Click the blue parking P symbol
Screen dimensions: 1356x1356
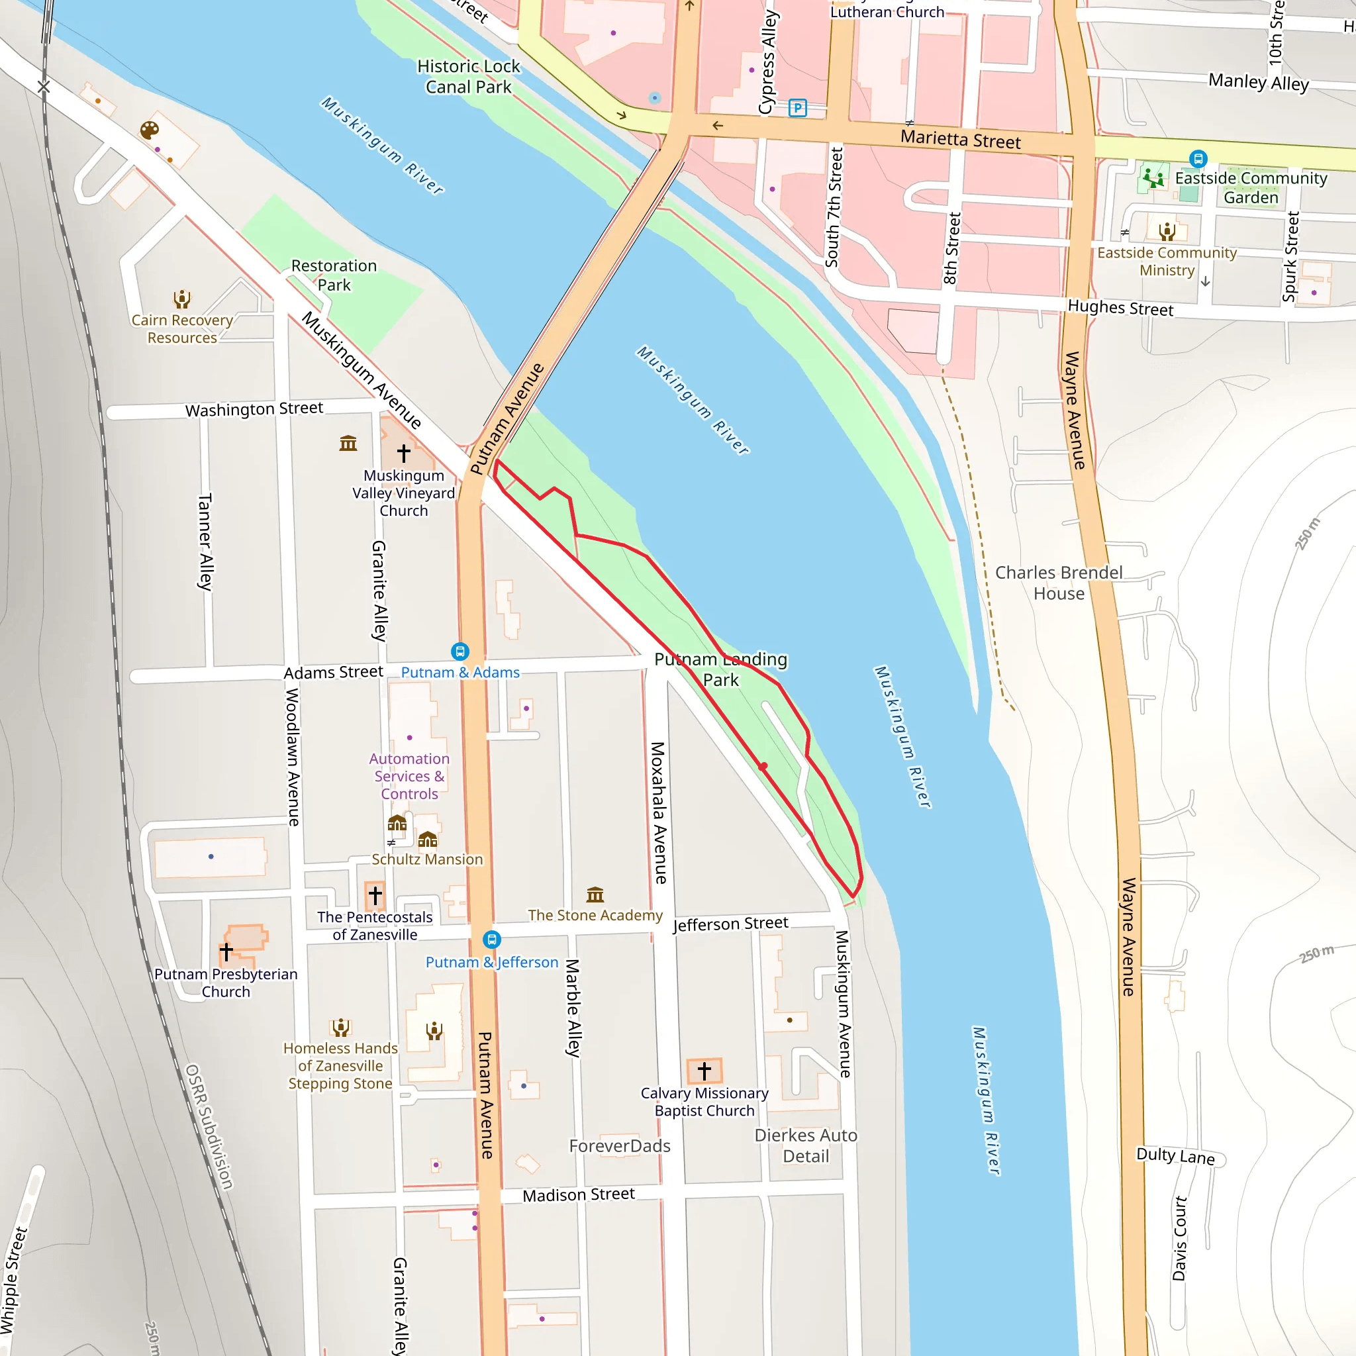[x=797, y=108]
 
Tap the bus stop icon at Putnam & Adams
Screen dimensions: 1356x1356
[x=460, y=652]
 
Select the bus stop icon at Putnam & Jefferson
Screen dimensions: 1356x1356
[x=492, y=939]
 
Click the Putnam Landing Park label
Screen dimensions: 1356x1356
[x=721, y=669]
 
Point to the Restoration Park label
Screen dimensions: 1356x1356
[x=334, y=275]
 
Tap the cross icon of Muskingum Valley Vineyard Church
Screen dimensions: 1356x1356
[x=404, y=454]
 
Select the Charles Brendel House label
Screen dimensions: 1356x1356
[x=1059, y=583]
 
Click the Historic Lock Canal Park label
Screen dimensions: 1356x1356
[x=468, y=77]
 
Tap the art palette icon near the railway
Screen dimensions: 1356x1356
[x=150, y=130]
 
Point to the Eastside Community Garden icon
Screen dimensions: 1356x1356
[x=1153, y=177]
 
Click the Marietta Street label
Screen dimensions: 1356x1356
[x=960, y=139]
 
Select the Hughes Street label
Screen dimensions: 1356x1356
[x=1120, y=308]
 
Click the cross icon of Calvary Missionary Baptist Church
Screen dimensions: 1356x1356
[x=704, y=1071]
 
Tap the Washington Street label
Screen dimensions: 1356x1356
[x=254, y=409]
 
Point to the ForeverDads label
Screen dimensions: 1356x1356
[x=620, y=1146]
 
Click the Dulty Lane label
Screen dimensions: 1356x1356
[x=1175, y=1156]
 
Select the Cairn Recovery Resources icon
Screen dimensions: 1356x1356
[x=182, y=300]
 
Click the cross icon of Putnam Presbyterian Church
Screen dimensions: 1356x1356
[x=226, y=951]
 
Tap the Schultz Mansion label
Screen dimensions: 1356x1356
[x=427, y=859]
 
